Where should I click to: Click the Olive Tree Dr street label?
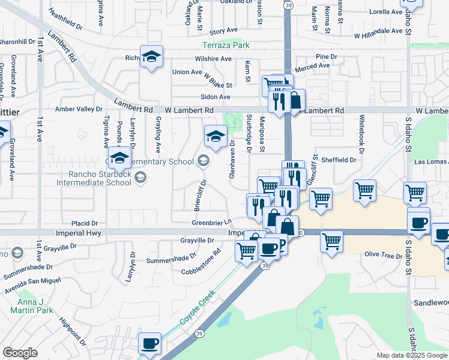(x=383, y=255)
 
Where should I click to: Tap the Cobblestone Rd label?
(x=202, y=264)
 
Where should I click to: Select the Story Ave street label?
(x=223, y=31)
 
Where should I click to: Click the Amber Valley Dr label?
(x=79, y=109)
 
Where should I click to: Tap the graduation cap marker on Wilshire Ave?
(x=151, y=57)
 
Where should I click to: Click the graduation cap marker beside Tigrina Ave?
(x=119, y=158)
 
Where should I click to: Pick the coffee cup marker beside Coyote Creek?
(x=149, y=344)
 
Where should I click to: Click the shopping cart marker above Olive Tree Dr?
(x=331, y=241)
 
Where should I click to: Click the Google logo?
(x=20, y=353)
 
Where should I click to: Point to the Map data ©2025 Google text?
(x=411, y=355)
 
